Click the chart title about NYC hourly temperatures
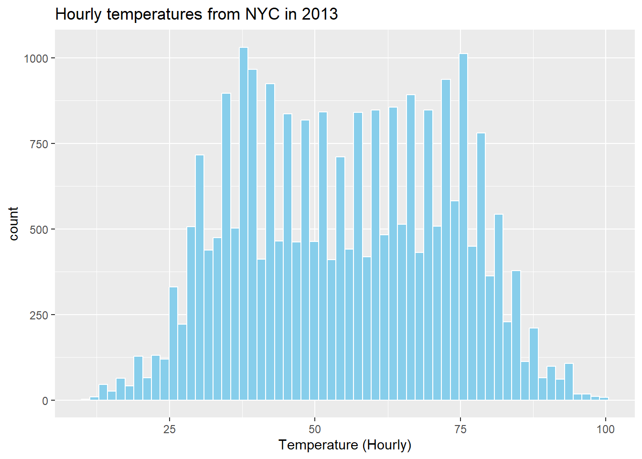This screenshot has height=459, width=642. pos(196,14)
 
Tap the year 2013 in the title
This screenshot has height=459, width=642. pos(320,14)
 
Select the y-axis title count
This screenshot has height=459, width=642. pos(13,223)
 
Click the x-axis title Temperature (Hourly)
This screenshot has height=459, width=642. pos(345,445)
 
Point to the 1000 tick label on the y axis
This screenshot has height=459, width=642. pos(36,58)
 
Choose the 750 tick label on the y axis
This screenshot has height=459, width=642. pos(39,144)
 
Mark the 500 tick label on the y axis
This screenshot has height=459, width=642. pos(39,229)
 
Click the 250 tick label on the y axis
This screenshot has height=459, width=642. pos(39,315)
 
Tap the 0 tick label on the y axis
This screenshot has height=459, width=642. pos(45,401)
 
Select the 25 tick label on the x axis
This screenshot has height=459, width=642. pos(170,429)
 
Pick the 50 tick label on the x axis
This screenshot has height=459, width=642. pos(315,429)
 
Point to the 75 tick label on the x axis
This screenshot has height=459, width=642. pos(460,429)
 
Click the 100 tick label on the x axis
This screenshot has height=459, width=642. pos(606,429)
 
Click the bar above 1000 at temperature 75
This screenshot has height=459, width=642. pos(463,227)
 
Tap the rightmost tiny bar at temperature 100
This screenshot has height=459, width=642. pos(604,398)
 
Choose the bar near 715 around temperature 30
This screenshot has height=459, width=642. pos(200,277)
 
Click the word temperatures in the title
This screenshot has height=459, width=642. pos(155,14)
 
